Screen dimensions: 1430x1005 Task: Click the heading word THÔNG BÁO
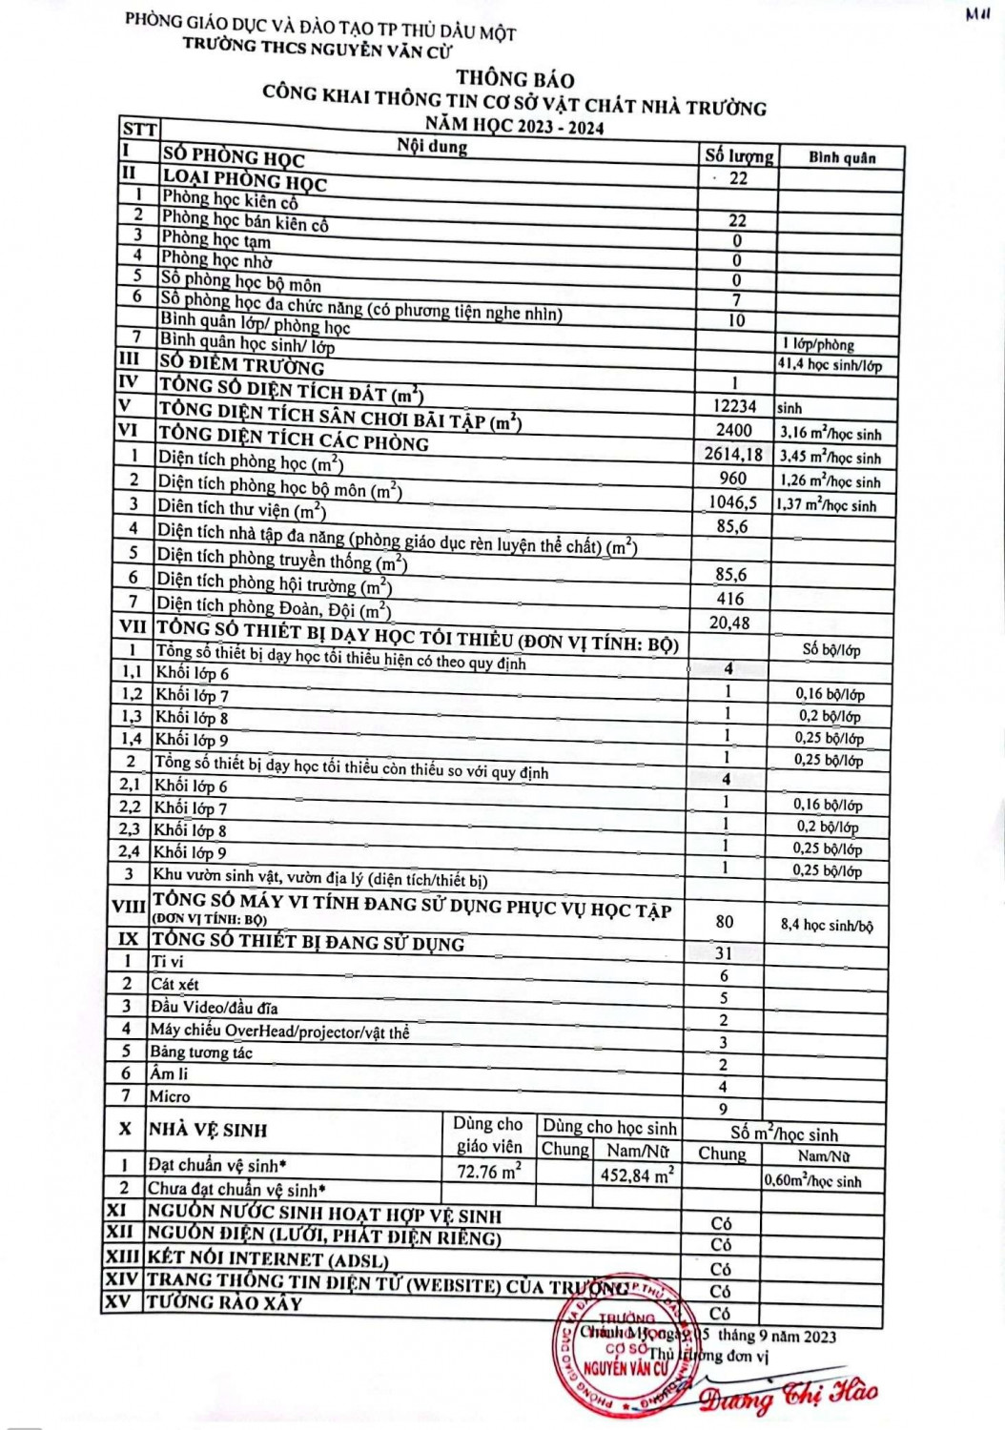coord(515,78)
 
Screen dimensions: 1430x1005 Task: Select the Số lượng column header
coord(738,155)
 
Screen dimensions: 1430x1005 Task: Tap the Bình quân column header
coord(842,157)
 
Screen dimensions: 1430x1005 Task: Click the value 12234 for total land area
coord(735,406)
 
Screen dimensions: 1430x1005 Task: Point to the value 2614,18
coord(734,455)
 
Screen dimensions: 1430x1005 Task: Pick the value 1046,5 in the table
coord(733,502)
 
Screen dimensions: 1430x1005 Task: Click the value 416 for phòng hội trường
coord(730,599)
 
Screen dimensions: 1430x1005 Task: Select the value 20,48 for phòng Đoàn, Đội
coord(729,623)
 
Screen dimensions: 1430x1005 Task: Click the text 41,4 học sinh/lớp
coord(830,365)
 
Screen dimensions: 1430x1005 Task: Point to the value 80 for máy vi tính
coord(725,921)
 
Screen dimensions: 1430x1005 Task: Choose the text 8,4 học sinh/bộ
coord(826,925)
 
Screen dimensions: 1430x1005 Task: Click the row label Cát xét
coord(174,984)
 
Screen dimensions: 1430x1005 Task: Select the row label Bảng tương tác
coord(201,1052)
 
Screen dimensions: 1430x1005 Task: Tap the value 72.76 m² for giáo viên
coord(489,1172)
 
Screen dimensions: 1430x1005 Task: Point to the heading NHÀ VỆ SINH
coord(208,1131)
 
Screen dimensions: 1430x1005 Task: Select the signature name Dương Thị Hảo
coord(788,1395)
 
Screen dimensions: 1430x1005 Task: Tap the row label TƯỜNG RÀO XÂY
coord(224,1302)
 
